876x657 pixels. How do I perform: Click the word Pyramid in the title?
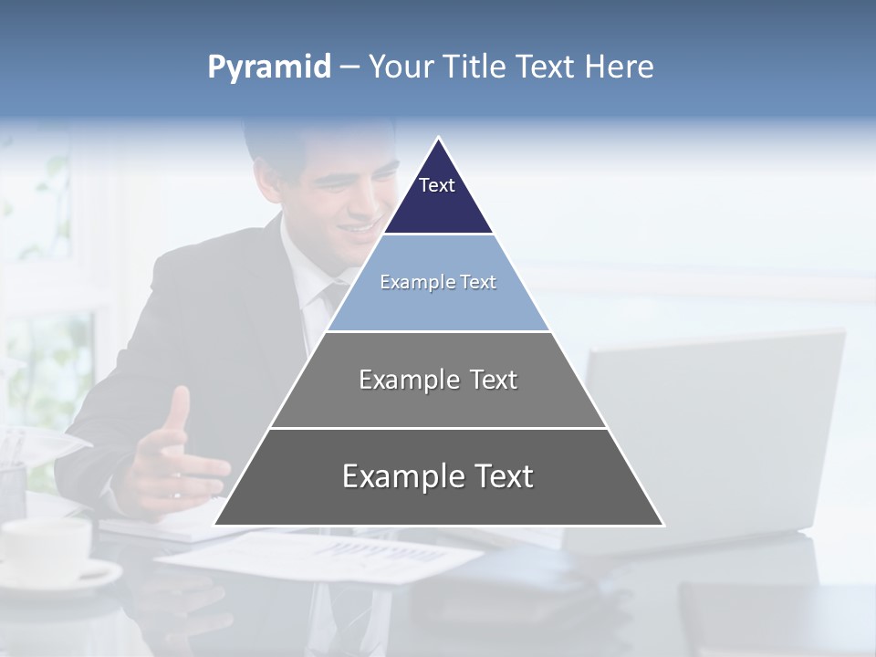(269, 68)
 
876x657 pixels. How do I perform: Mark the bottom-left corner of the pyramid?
(215, 525)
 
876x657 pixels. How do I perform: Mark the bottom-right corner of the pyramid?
(662, 525)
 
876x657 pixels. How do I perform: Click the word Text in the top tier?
(437, 185)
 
